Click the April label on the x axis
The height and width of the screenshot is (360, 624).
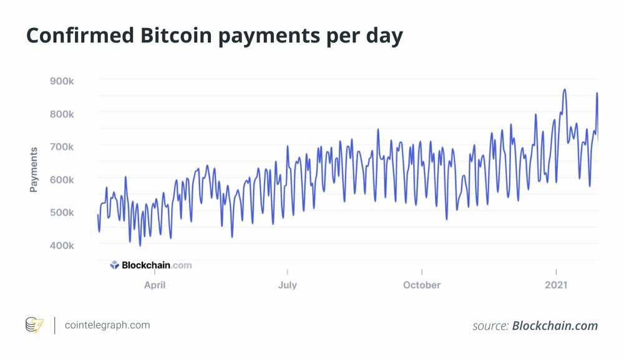[x=155, y=285]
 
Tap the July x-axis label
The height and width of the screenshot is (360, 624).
[x=288, y=285]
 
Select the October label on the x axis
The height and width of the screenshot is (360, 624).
[x=422, y=285]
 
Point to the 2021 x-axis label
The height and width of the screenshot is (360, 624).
[x=556, y=285]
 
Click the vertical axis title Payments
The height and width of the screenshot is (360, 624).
[x=34, y=169]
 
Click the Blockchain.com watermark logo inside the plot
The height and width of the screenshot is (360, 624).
[x=150, y=265]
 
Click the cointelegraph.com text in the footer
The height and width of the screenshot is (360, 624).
[x=107, y=325]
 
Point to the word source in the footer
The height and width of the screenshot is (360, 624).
[x=490, y=326]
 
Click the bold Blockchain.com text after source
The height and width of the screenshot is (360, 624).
[x=555, y=326]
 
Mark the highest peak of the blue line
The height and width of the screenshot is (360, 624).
[x=565, y=89]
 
